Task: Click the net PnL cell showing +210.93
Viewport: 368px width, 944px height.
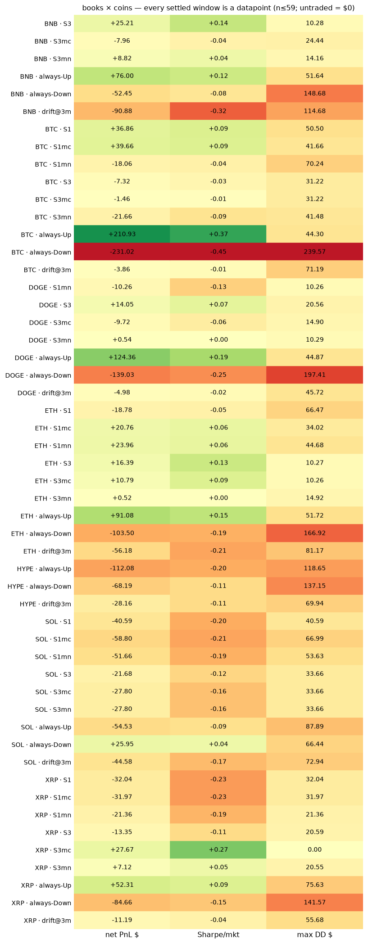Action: pyautogui.click(x=122, y=234)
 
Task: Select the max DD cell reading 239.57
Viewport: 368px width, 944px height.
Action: pyautogui.click(x=314, y=252)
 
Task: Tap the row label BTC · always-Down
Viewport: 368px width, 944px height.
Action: pyautogui.click(x=41, y=252)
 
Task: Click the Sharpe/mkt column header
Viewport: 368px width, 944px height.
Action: pyautogui.click(x=218, y=935)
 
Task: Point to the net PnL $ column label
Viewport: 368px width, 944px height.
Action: pyautogui.click(x=122, y=935)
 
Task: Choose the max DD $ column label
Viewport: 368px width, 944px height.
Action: pyautogui.click(x=315, y=935)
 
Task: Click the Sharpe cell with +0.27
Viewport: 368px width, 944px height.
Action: pyautogui.click(x=218, y=849)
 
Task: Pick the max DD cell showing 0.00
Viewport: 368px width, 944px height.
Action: pyautogui.click(x=314, y=849)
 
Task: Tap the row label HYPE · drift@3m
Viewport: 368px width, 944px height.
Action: pyautogui.click(x=45, y=604)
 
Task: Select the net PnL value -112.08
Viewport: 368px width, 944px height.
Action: pyautogui.click(x=122, y=568)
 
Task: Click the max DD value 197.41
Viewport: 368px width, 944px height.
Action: pyautogui.click(x=314, y=375)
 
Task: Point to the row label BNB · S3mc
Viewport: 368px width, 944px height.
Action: pyautogui.click(x=53, y=41)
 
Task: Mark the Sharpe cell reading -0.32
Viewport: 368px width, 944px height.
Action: pyautogui.click(x=218, y=111)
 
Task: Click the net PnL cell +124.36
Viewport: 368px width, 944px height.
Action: pyautogui.click(x=122, y=357)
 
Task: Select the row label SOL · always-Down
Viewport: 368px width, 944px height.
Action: pyautogui.click(x=41, y=745)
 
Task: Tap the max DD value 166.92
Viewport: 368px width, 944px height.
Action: pyautogui.click(x=314, y=533)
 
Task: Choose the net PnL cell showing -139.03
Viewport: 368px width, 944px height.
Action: pyautogui.click(x=122, y=375)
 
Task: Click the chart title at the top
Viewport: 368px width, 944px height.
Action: pyautogui.click(x=218, y=8)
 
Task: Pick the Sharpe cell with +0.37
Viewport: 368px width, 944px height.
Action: pyautogui.click(x=218, y=234)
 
